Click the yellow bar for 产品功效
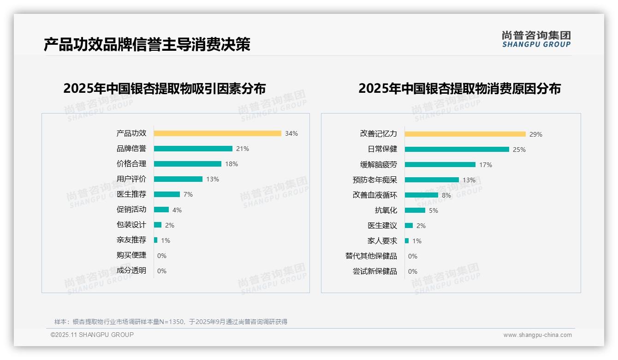(x=217, y=133)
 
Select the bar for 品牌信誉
(x=193, y=149)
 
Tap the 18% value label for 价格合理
(x=232, y=164)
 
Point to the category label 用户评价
(x=131, y=179)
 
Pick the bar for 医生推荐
(x=166, y=194)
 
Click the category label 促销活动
(x=131, y=210)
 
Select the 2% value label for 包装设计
(x=170, y=225)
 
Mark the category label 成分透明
(x=131, y=270)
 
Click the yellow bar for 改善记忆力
(x=465, y=134)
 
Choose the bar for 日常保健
(x=457, y=150)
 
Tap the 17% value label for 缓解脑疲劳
(x=486, y=165)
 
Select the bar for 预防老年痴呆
(x=432, y=180)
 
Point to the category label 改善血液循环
(x=374, y=195)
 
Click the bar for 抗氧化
(x=415, y=210)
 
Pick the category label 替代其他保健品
(x=371, y=256)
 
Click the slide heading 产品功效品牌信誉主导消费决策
(x=147, y=45)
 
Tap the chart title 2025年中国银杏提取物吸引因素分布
(x=164, y=89)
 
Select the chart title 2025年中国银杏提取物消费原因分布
(x=459, y=89)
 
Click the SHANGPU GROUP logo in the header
(x=536, y=39)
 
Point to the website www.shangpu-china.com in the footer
(x=537, y=335)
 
